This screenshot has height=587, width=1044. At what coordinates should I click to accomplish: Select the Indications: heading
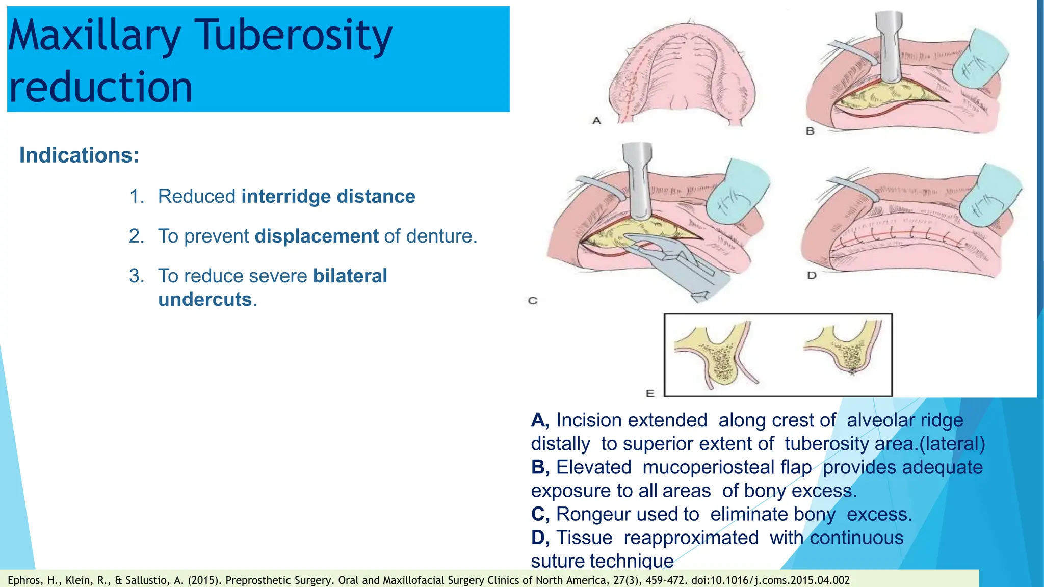[79, 155]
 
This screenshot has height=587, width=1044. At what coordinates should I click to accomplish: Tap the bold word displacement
[317, 236]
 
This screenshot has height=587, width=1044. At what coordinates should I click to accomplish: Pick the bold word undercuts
[205, 299]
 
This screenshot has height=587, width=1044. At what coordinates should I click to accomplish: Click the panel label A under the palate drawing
[596, 121]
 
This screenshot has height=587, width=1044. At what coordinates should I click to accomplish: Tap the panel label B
[810, 131]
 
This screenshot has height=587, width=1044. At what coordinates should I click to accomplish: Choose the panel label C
[533, 301]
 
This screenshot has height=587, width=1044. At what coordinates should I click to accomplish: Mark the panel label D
[812, 275]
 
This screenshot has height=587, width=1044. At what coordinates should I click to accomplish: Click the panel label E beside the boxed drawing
[650, 393]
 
